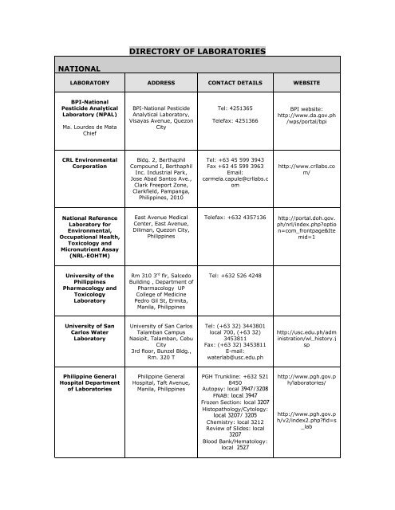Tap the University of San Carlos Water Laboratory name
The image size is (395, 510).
coord(77,331)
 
